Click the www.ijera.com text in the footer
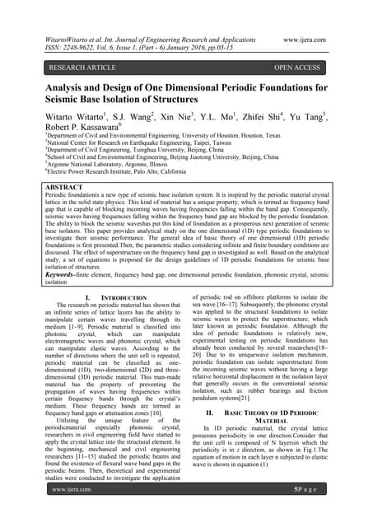coord(72,512)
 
